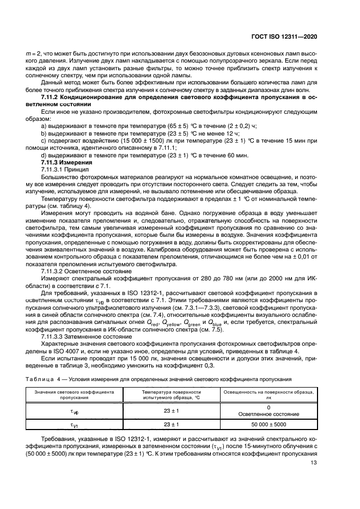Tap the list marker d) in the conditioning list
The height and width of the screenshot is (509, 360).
point(44,155)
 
